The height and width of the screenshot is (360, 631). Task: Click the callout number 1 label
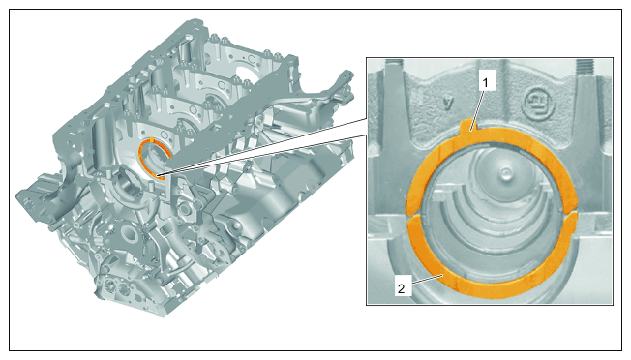(485, 83)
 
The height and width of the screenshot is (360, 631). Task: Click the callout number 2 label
(402, 288)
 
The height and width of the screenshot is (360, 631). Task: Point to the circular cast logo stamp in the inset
(538, 105)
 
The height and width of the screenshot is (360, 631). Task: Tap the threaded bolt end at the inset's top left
(394, 64)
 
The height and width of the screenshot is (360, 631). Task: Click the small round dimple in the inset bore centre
(504, 173)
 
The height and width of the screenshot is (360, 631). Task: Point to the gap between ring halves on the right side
(572, 213)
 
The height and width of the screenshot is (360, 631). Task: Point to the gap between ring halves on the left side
(413, 214)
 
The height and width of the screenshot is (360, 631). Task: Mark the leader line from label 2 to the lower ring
(426, 280)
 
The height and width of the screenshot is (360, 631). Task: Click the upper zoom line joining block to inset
(265, 145)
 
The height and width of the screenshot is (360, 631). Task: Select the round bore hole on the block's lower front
(130, 233)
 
